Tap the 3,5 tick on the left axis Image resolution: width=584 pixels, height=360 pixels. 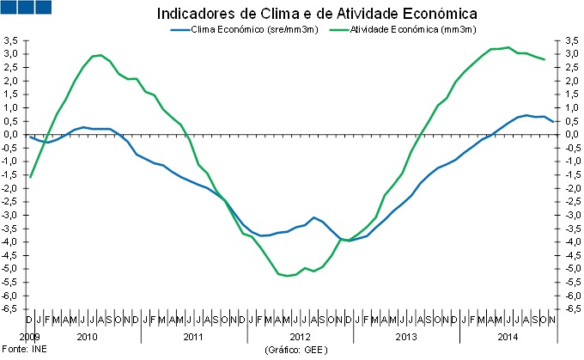pyautogui.click(x=11, y=40)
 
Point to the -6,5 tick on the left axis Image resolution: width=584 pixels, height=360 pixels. pyautogui.click(x=11, y=308)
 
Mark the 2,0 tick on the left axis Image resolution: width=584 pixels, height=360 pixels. pyautogui.click(x=11, y=81)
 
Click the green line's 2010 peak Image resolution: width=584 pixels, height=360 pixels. pyautogui.click(x=101, y=55)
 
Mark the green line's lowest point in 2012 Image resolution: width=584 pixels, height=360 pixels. pyautogui.click(x=286, y=276)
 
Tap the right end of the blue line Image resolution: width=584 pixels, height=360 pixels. pyautogui.click(x=552, y=121)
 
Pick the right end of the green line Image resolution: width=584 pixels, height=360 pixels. pyautogui.click(x=543, y=59)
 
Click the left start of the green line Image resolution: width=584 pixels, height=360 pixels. pyautogui.click(x=30, y=177)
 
